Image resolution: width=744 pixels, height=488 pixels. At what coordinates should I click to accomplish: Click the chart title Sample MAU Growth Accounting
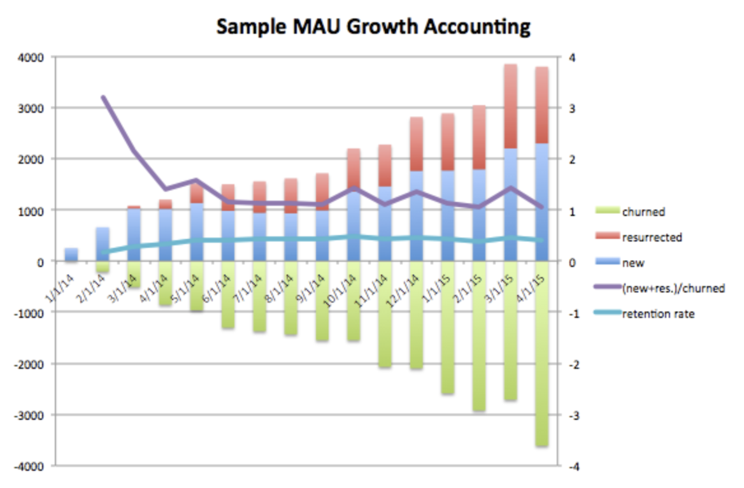[373, 27]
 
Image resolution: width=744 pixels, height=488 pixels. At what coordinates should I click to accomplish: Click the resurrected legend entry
[652, 237]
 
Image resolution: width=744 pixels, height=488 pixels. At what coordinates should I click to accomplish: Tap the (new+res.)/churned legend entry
[673, 288]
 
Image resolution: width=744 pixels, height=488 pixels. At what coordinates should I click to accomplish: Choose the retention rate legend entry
[657, 313]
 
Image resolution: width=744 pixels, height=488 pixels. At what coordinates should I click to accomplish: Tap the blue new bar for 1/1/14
[71, 254]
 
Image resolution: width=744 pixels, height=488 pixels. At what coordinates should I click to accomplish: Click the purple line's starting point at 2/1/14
[103, 97]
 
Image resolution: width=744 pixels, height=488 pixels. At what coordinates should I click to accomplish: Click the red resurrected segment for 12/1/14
[416, 144]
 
